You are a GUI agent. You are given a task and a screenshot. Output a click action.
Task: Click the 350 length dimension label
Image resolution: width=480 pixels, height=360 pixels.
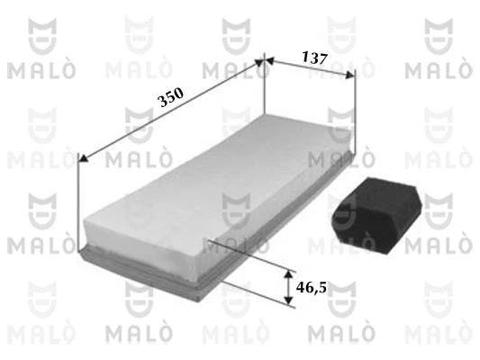[x=170, y=97]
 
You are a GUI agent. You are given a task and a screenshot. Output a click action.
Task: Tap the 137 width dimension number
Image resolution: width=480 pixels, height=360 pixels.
[x=314, y=58]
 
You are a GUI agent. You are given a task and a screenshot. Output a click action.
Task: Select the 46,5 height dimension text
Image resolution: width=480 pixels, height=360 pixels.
[x=312, y=287]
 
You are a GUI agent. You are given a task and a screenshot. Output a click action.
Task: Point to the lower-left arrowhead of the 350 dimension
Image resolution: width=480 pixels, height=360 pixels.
[x=84, y=158]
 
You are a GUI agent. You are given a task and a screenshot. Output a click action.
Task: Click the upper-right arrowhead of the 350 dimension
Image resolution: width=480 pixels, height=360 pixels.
[x=259, y=63]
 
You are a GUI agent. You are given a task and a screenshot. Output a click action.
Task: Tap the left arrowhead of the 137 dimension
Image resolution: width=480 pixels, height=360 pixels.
[x=268, y=60]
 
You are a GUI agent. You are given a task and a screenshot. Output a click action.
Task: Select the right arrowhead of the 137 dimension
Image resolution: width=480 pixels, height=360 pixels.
[x=350, y=75]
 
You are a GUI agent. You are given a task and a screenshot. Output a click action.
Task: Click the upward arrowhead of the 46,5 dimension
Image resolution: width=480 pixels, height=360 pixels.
[x=288, y=274]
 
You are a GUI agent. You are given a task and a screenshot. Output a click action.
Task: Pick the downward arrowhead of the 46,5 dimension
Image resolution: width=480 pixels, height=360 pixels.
[x=288, y=300]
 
